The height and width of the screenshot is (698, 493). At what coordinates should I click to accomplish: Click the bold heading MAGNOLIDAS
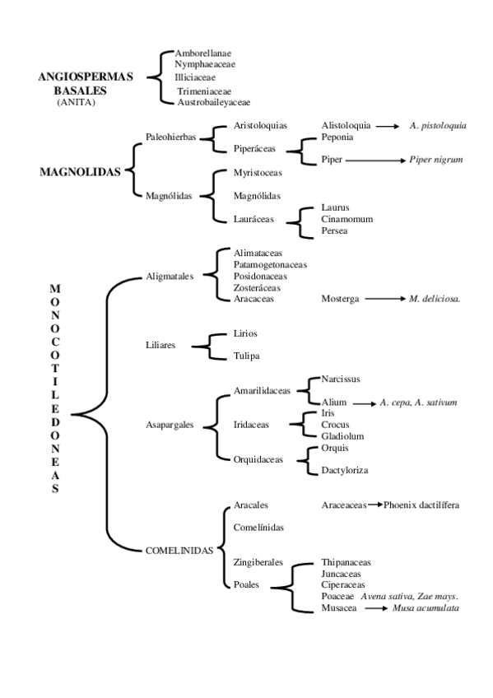tap(80, 173)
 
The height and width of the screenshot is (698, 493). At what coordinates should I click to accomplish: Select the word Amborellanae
tap(202, 53)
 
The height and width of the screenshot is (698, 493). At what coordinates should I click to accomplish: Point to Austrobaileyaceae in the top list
tap(213, 102)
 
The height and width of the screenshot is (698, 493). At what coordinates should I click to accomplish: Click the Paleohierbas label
tap(170, 137)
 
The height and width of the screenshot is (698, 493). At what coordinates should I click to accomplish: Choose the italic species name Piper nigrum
tap(435, 160)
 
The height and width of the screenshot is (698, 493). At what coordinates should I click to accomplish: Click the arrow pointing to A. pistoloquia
tap(391, 126)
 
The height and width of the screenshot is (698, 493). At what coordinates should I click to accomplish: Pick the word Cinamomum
tap(347, 220)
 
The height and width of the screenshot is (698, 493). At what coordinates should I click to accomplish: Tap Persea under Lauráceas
tap(335, 231)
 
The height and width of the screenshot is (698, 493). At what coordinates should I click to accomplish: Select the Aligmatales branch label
tap(170, 277)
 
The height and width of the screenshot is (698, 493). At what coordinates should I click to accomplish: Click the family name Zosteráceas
tap(258, 288)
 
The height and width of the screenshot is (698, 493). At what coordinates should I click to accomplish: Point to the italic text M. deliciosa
tap(434, 300)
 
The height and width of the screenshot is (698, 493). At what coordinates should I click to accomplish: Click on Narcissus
tap(341, 379)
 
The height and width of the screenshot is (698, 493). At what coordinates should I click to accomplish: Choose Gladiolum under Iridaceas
tap(342, 435)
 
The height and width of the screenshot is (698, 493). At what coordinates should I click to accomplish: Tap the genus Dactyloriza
tap(344, 470)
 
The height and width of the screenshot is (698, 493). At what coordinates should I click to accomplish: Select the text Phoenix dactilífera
tap(421, 505)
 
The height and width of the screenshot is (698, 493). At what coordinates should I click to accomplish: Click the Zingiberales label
tap(258, 562)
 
